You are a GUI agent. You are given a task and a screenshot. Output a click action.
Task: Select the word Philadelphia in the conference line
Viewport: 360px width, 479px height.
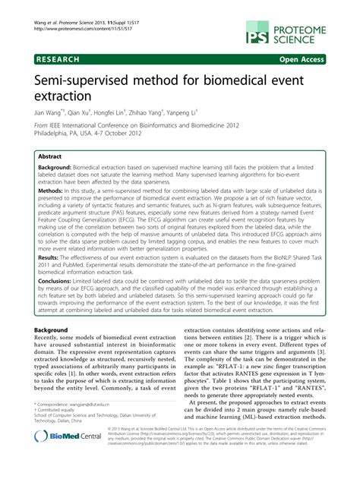(55, 138)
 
